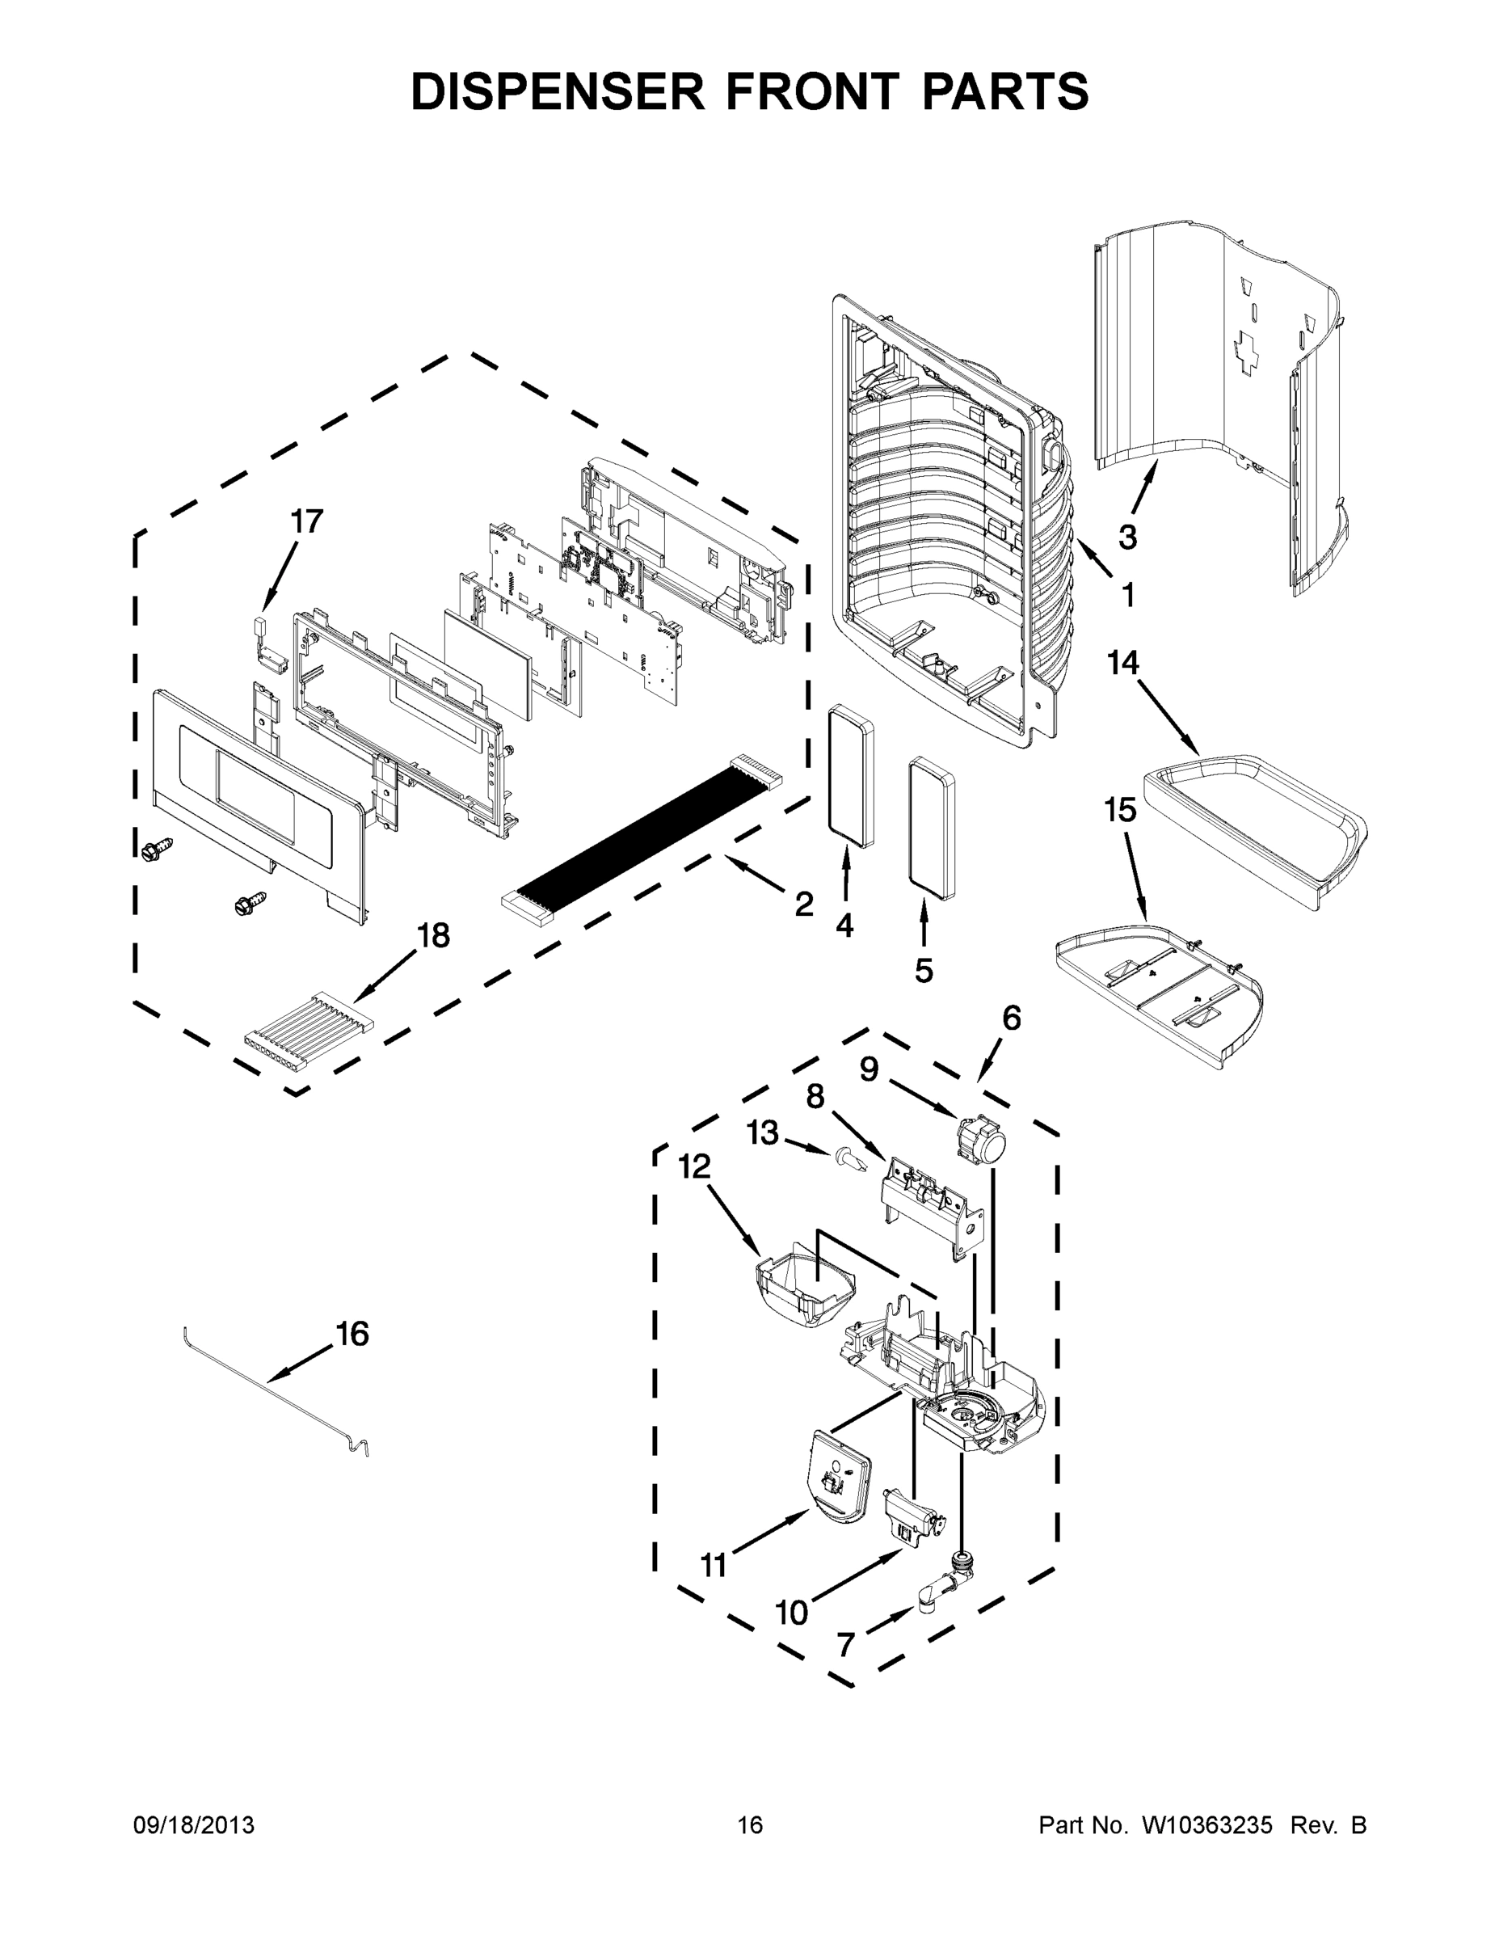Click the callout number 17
(306, 521)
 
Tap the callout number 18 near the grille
(433, 935)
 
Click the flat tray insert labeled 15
(1159, 995)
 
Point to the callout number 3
(1127, 537)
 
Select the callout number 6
(1012, 1018)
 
